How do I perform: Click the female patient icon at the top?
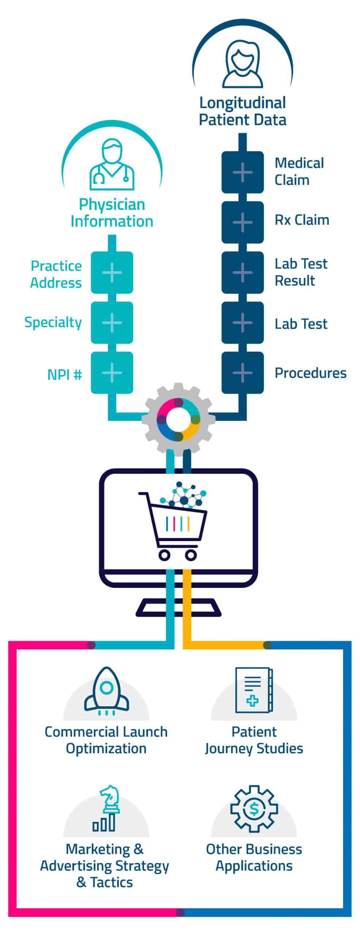pos(242,64)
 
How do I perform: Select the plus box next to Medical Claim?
pos(242,172)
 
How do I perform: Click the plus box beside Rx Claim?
pos(242,222)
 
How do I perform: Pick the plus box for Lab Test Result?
pos(242,272)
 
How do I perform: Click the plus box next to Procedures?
pos(242,373)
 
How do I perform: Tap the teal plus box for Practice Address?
pos(112,272)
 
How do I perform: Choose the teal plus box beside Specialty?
pos(112,322)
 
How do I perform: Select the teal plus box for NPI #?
pos(112,373)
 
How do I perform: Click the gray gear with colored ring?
pos(178,419)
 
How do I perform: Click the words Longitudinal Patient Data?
pos(242,112)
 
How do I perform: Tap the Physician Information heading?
pos(112,213)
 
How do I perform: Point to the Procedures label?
pos(310,373)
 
